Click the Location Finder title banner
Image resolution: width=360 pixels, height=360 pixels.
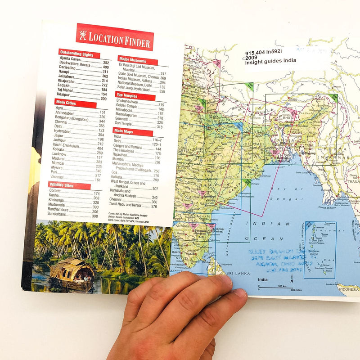[x=115, y=38]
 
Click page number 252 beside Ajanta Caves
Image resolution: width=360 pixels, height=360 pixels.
[x=106, y=63]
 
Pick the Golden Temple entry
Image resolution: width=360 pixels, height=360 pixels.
[x=129, y=109]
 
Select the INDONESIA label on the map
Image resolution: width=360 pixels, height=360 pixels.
[x=348, y=289]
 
